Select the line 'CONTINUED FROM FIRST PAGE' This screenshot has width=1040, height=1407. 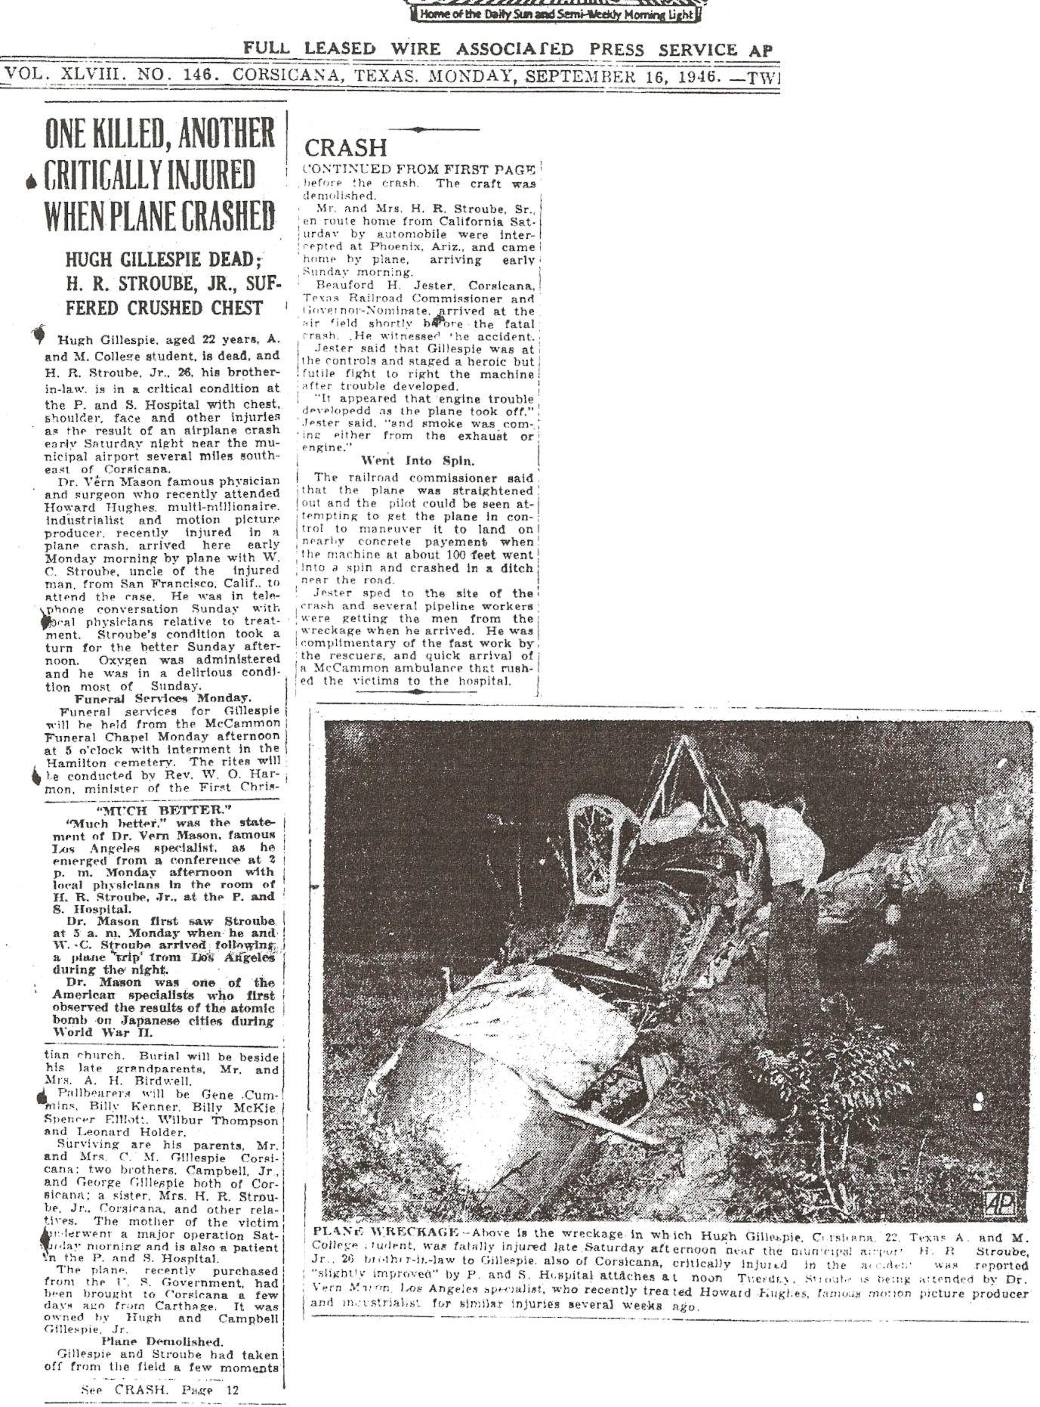coord(419,169)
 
